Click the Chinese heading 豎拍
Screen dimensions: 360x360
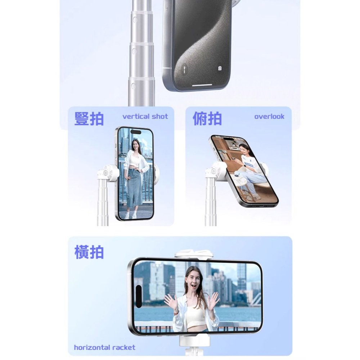click(x=89, y=118)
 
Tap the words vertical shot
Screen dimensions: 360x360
click(x=145, y=116)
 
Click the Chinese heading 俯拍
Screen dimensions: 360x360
click(x=207, y=118)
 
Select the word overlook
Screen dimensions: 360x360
click(x=269, y=116)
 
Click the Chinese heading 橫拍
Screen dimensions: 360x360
click(x=89, y=252)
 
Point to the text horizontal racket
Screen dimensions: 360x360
click(x=104, y=347)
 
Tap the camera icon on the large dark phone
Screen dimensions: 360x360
click(x=220, y=68)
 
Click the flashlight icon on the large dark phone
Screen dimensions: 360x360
click(x=184, y=69)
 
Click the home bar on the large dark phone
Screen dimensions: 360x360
click(x=202, y=85)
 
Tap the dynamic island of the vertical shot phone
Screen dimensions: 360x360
click(x=135, y=132)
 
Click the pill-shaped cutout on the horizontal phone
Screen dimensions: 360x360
click(x=139, y=296)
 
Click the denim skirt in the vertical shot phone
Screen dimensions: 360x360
click(x=135, y=188)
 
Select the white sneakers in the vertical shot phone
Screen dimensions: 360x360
click(x=130, y=216)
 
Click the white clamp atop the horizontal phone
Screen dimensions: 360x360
click(x=194, y=254)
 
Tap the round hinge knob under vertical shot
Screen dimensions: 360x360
click(x=106, y=173)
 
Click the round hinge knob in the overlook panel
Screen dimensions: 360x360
click(x=213, y=171)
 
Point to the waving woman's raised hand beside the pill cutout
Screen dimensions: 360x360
click(x=170, y=301)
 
